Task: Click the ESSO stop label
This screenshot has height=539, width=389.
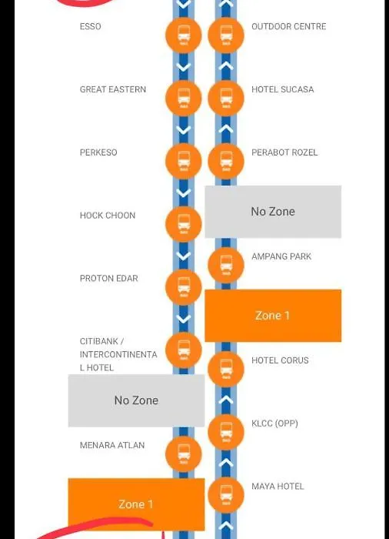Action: tap(90, 26)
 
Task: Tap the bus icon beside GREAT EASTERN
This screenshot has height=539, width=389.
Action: tap(183, 99)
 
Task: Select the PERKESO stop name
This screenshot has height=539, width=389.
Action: tap(98, 152)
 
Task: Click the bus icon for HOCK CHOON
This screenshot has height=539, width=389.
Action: tap(183, 224)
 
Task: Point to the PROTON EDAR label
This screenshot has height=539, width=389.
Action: tap(109, 278)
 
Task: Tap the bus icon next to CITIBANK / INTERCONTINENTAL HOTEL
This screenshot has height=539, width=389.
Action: tap(183, 350)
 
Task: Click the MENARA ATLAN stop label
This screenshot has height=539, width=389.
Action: tap(112, 445)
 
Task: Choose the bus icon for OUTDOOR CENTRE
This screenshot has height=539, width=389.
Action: tap(226, 35)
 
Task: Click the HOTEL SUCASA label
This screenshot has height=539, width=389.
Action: tap(283, 89)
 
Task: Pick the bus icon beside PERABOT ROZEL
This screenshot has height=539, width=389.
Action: tap(226, 161)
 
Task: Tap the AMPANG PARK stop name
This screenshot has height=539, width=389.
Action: tap(281, 256)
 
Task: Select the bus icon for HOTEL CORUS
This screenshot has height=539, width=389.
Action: tap(226, 369)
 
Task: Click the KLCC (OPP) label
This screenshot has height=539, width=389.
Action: tap(274, 423)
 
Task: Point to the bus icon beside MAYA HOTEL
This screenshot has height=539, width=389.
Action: tap(226, 495)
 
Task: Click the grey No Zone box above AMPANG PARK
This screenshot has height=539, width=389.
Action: tap(273, 212)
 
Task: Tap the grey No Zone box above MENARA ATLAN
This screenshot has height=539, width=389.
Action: tap(136, 400)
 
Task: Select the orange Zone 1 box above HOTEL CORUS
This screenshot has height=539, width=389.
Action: tap(273, 316)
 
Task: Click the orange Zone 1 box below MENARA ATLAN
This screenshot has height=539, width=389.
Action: tap(136, 504)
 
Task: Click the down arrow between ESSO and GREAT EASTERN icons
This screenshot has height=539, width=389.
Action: tap(183, 67)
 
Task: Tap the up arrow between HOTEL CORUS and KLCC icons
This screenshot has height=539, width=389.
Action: tap(226, 400)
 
